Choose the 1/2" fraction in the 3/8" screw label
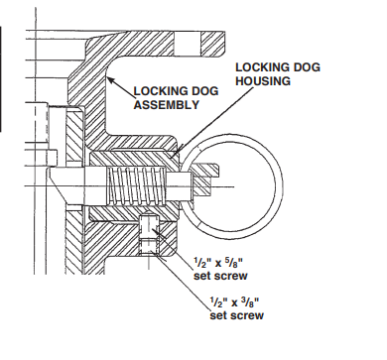click(x=209, y=303)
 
